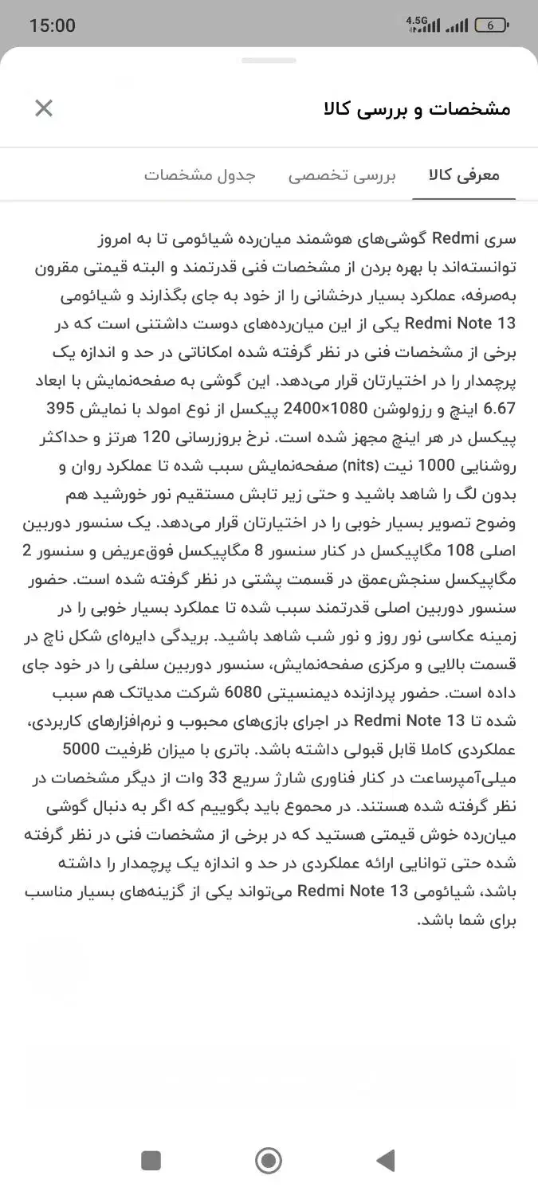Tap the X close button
coord(44,108)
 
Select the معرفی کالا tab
coord(464,175)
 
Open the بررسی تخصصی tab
coord(342,175)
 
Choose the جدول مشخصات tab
coord(200,175)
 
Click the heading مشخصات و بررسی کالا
coord(417,108)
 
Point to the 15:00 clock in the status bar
coord(53,25)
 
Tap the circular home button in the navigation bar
coord(269,1160)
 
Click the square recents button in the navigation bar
coord(151,1160)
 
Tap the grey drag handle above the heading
coord(269,61)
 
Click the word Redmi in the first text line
coord(455,238)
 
